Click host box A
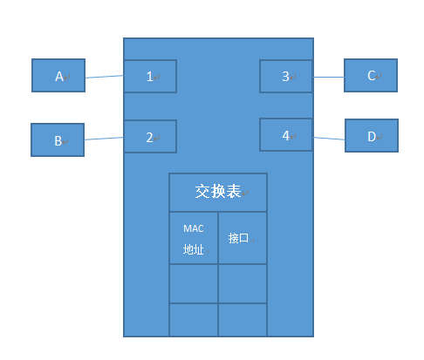[58, 76]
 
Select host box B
[58, 139]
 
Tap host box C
[371, 75]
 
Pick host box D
[372, 136]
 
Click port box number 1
[150, 76]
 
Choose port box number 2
[150, 136]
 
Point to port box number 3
[285, 76]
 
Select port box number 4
[285, 135]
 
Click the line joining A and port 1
[104, 77]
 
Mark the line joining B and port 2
[104, 138]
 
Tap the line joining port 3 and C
[328, 77]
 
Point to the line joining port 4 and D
[328, 137]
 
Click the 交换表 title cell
[218, 192]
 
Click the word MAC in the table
[193, 228]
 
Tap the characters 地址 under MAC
[193, 249]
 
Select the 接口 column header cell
[243, 237]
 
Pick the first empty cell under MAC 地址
[193, 283]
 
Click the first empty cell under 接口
[243, 283]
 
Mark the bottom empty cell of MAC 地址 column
[193, 319]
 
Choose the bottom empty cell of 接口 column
[243, 319]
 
